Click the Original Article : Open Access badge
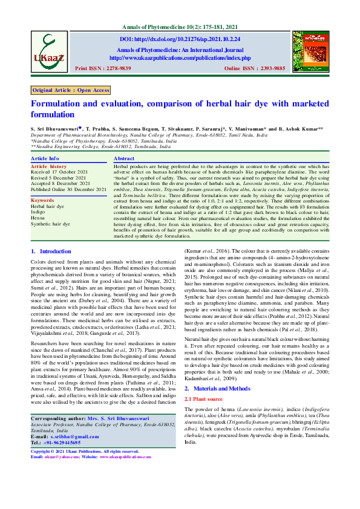(71, 90)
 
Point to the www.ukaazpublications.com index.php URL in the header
(180, 58)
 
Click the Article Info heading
(45, 158)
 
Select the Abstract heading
(124, 158)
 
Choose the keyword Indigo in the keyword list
(38, 212)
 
